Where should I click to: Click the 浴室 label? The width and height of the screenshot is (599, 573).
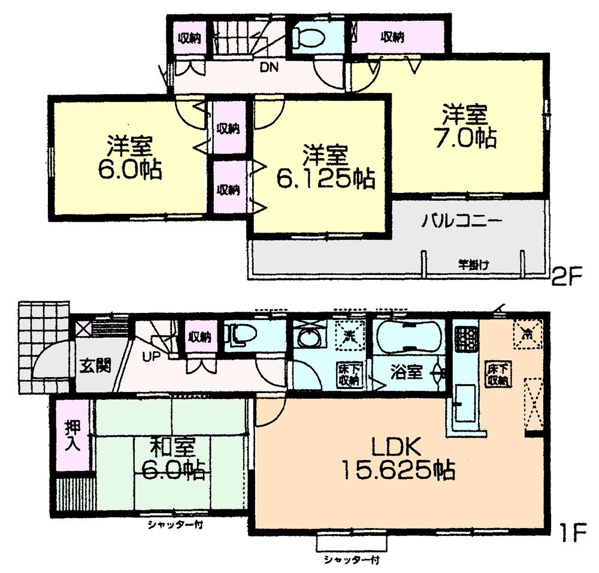coord(407,372)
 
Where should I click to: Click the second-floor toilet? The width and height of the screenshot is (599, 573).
coord(309,38)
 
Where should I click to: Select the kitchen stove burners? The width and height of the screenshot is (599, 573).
coord(465,339)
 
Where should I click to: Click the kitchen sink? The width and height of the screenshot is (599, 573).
coord(464,402)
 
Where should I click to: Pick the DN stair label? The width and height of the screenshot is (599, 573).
coord(268,67)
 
